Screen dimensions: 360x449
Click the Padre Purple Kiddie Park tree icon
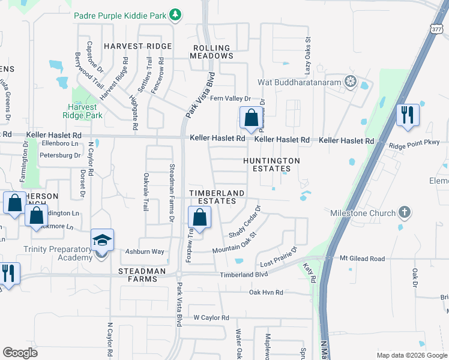(x=175, y=14)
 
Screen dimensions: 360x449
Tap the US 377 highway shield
(x=436, y=28)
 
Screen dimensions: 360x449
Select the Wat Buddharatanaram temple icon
(x=350, y=82)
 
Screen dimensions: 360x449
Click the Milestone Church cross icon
(x=405, y=212)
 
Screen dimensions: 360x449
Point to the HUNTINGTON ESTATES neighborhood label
(x=271, y=165)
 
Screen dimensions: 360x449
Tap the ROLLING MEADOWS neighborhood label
(x=211, y=52)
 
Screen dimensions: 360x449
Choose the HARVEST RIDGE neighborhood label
(x=137, y=46)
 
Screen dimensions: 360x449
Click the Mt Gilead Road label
(x=362, y=259)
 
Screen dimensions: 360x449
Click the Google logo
(x=20, y=353)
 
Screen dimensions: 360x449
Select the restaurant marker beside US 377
(x=408, y=115)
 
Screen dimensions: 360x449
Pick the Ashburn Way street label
(x=145, y=252)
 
